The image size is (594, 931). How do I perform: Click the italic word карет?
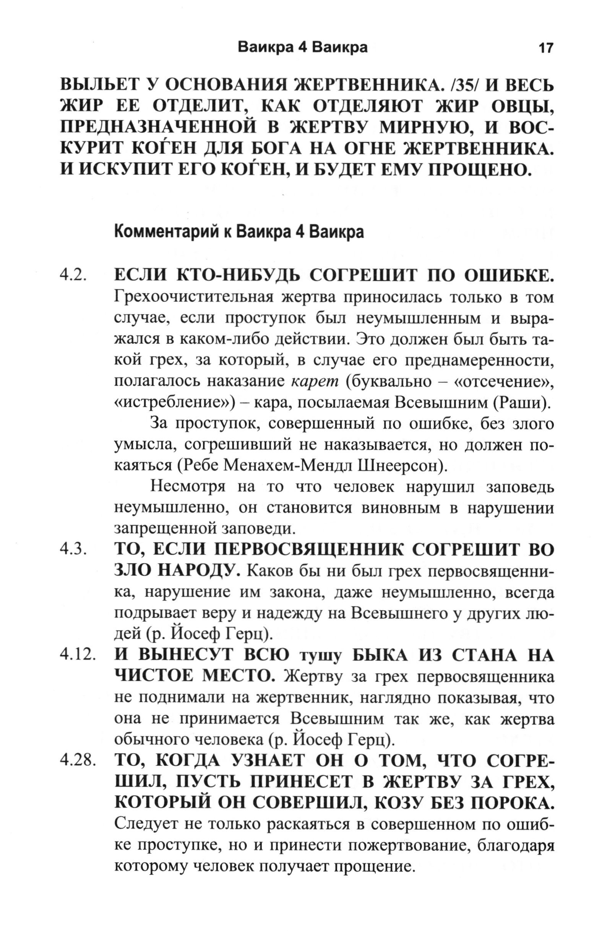click(314, 381)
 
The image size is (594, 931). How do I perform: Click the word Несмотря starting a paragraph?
click(187, 487)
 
